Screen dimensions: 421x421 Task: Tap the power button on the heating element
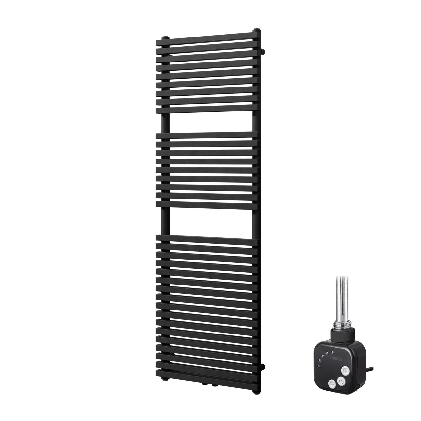point(341,382)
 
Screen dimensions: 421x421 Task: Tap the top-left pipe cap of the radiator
point(165,37)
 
